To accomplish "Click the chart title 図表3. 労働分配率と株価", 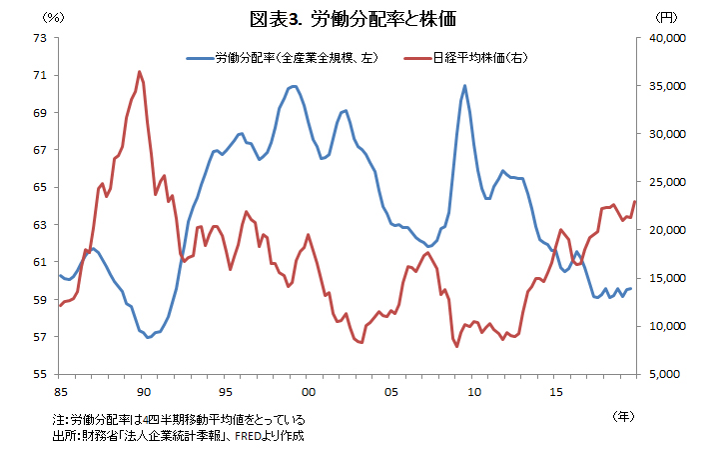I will [359, 19].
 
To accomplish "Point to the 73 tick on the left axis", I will [40, 38].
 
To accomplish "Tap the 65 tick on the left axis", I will [40, 187].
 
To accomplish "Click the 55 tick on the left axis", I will [40, 374].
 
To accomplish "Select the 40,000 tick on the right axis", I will [662, 38].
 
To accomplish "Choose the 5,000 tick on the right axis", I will [664, 374].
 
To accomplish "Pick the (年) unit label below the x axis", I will [621, 413].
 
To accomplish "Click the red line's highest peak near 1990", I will [139, 72].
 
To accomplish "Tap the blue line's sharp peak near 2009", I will [464, 86].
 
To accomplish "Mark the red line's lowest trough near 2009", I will [457, 346].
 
